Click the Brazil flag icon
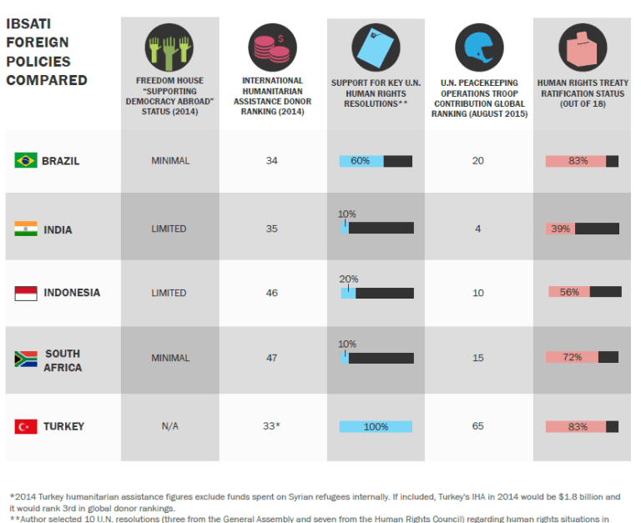click(26, 160)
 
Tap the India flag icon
click(26, 229)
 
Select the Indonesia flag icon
click(26, 293)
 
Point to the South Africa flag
click(26, 359)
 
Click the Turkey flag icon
click(26, 426)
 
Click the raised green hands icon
click(170, 47)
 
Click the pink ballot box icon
click(582, 47)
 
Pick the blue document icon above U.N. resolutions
click(375, 48)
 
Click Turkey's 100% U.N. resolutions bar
click(376, 426)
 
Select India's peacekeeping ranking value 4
click(478, 229)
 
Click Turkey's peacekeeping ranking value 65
click(478, 426)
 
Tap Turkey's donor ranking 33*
click(272, 426)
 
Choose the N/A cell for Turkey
click(170, 426)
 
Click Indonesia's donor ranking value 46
click(272, 293)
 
